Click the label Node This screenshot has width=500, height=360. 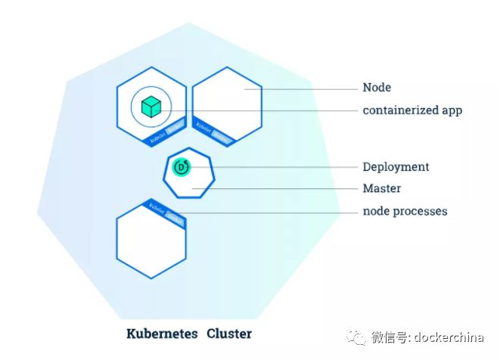click(376, 88)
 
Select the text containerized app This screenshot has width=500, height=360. click(411, 110)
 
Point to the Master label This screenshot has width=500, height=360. click(381, 188)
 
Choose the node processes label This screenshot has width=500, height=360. click(404, 211)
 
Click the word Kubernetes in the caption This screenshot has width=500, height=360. click(162, 334)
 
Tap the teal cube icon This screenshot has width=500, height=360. click(151, 107)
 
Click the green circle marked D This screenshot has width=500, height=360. click(181, 166)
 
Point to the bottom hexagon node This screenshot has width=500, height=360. click(151, 242)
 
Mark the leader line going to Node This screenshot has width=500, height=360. click(303, 88)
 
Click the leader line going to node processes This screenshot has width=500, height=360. click(272, 212)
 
